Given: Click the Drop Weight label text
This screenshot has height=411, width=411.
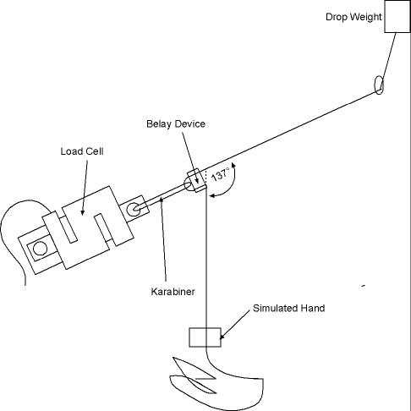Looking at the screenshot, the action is tap(353, 17).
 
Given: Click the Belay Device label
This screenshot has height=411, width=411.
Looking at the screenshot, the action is tap(176, 123).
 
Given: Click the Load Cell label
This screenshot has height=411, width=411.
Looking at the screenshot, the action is tap(82, 151).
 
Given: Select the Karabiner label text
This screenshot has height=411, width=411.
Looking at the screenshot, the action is tap(173, 292).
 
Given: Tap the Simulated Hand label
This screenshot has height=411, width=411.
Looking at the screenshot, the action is tap(289, 308).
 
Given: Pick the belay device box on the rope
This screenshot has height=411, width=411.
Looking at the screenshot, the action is tap(196, 180).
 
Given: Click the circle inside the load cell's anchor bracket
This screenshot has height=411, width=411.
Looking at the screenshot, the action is tap(40, 249).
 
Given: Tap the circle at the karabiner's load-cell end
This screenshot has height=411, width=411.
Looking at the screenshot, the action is tap(133, 210).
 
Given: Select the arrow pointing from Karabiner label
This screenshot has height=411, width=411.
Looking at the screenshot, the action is tap(163, 239).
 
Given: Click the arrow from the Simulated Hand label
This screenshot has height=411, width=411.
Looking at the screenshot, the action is tap(234, 325).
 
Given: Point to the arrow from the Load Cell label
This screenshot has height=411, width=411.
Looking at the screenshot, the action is tap(85, 188).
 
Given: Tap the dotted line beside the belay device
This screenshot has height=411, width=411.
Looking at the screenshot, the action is tap(206, 177).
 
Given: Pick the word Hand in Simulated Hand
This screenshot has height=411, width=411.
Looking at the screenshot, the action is tap(313, 308).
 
